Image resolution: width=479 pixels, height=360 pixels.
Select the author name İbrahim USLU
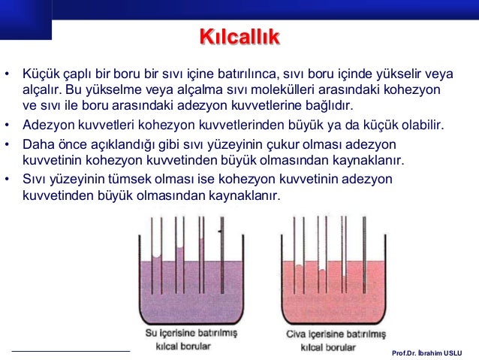444,352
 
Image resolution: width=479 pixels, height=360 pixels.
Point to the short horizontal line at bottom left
71,350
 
